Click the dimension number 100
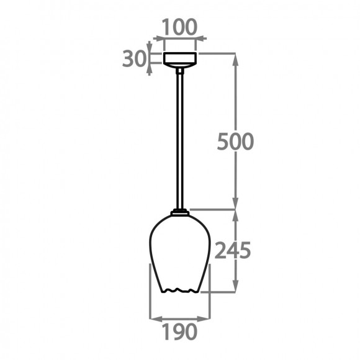point(179,27)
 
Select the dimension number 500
point(235,142)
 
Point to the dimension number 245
point(232,251)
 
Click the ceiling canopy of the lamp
point(180,59)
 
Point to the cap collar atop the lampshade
point(181,213)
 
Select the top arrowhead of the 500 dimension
point(236,57)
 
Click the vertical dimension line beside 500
point(236,99)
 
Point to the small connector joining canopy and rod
point(180,70)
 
